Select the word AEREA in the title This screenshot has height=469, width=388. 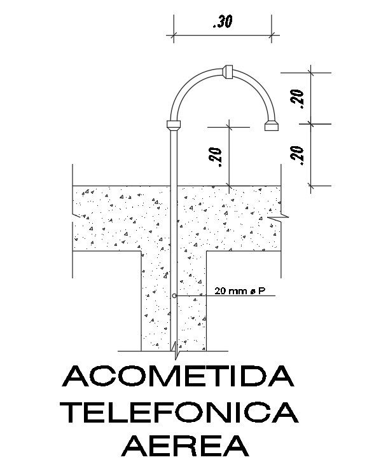tap(184, 445)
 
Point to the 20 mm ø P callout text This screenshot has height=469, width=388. tap(240, 292)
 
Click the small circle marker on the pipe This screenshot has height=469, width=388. tap(174, 296)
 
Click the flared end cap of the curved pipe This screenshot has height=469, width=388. tap(272, 124)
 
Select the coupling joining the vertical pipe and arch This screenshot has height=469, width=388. tap(174, 124)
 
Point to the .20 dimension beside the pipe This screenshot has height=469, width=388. tap(216, 156)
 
